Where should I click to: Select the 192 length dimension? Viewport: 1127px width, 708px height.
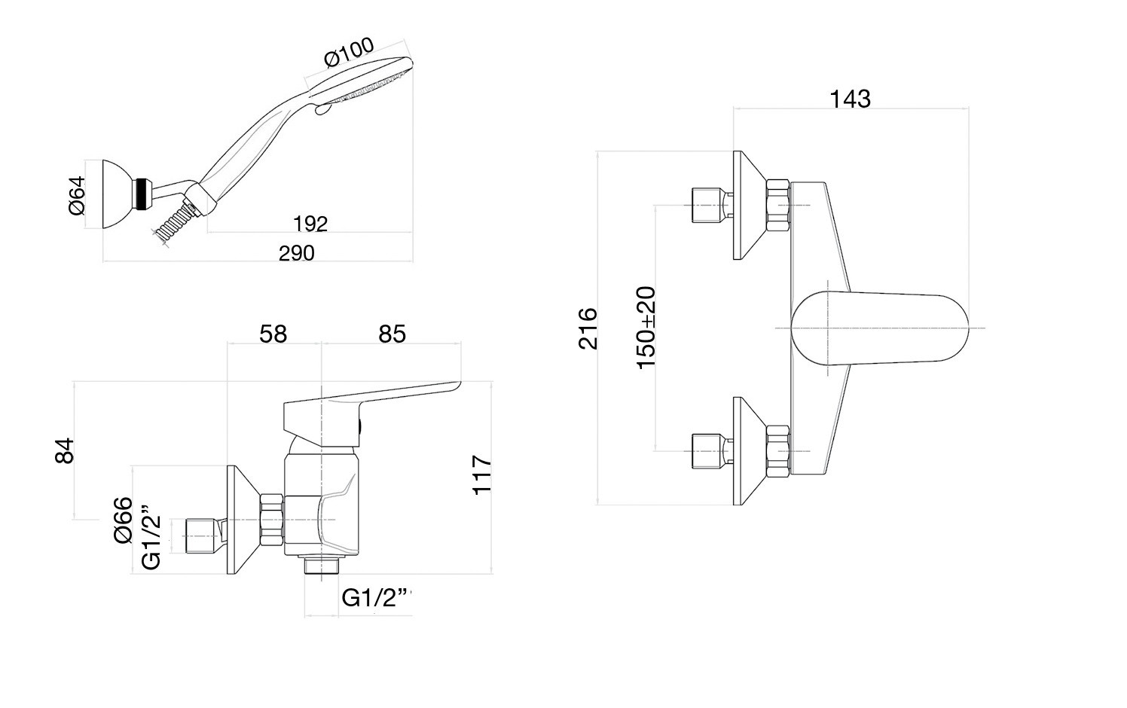(310, 224)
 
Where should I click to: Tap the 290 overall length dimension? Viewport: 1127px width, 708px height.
(296, 253)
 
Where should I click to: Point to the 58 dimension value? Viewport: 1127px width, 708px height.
(273, 334)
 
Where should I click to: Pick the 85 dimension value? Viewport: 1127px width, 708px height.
(392, 334)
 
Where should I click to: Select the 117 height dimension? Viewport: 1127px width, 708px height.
(482, 475)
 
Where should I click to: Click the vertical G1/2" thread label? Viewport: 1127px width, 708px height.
(151, 541)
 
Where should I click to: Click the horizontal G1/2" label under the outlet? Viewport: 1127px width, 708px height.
(377, 597)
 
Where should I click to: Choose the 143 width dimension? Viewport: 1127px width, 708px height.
(850, 99)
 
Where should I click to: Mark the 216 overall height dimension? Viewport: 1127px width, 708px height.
(588, 328)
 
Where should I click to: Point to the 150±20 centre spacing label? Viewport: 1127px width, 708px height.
(646, 327)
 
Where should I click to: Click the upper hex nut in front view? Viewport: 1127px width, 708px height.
(778, 205)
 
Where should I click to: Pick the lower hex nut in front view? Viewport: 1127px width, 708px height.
(778, 450)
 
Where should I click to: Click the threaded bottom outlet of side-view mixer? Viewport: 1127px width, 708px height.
(322, 565)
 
